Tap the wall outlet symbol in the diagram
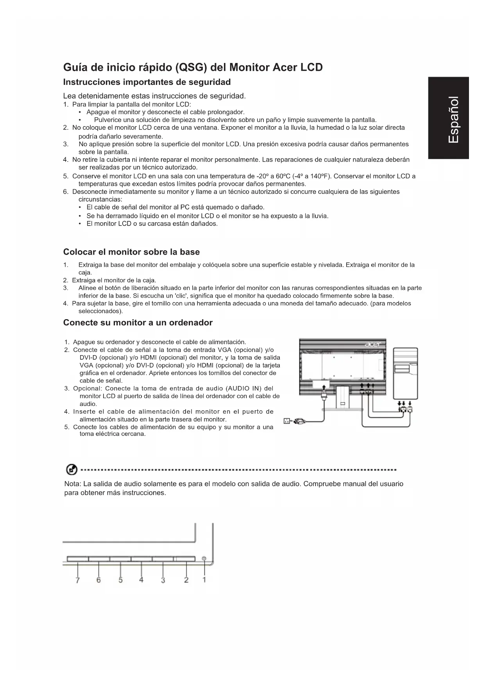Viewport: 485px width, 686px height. pos(286,421)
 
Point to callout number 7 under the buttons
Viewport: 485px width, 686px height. pos(77,580)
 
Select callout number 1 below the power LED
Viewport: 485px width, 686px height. pos(204,580)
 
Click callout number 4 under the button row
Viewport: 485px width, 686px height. pos(141,580)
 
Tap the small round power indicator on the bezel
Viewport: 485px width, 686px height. pos(204,558)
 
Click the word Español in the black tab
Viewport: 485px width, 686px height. pos(453,119)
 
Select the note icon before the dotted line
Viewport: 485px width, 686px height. pos(71,470)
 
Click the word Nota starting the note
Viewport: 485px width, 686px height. pos(72,484)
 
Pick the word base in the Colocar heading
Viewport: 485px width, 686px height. pos(190,252)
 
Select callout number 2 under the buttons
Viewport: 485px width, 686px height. pos(186,580)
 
